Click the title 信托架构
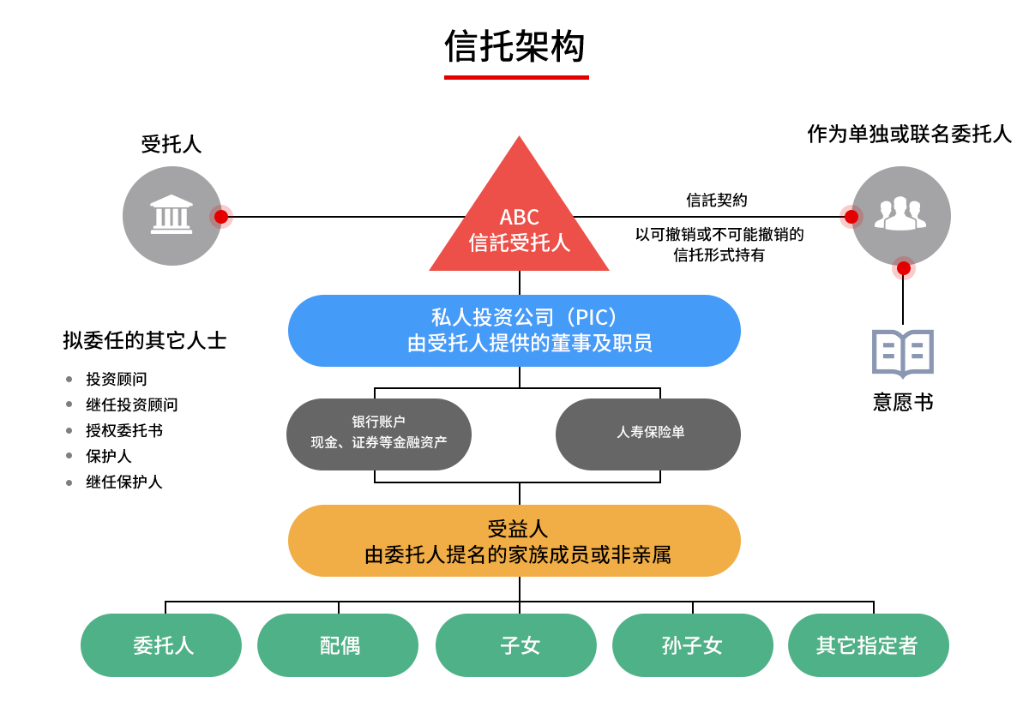click(514, 46)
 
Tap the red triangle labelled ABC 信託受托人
click(519, 220)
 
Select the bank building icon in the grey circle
click(171, 214)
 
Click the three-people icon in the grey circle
click(900, 213)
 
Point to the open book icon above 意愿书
click(903, 353)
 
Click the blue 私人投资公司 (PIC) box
click(514, 331)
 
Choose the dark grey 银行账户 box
click(378, 434)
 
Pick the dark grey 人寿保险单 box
click(648, 434)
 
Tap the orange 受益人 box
click(514, 541)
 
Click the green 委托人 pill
click(161, 645)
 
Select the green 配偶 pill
click(338, 645)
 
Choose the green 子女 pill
click(516, 645)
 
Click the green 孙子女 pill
click(693, 645)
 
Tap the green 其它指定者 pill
click(869, 645)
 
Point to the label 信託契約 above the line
click(717, 201)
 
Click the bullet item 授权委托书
click(124, 430)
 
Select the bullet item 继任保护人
click(124, 482)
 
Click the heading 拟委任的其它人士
click(145, 340)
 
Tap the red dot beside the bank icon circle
click(221, 217)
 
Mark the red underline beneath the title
click(516, 78)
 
